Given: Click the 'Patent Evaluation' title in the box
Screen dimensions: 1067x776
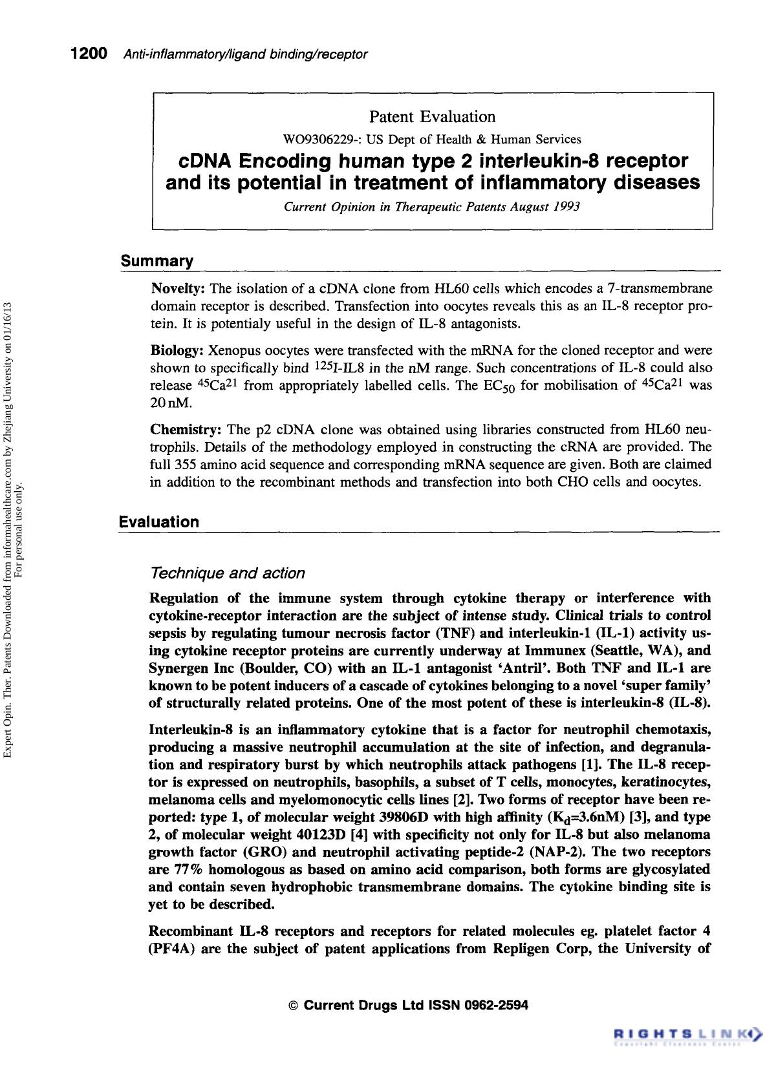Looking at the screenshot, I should tap(432, 117).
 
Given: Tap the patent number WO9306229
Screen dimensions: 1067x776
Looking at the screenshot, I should tap(312, 140).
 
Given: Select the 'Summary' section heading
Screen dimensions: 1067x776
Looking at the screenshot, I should tap(157, 262).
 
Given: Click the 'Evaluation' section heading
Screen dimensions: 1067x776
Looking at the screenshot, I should tap(159, 522).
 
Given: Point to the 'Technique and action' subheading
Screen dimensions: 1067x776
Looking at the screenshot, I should tap(227, 573).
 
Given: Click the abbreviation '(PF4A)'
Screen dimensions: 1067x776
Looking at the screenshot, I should tap(171, 949).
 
